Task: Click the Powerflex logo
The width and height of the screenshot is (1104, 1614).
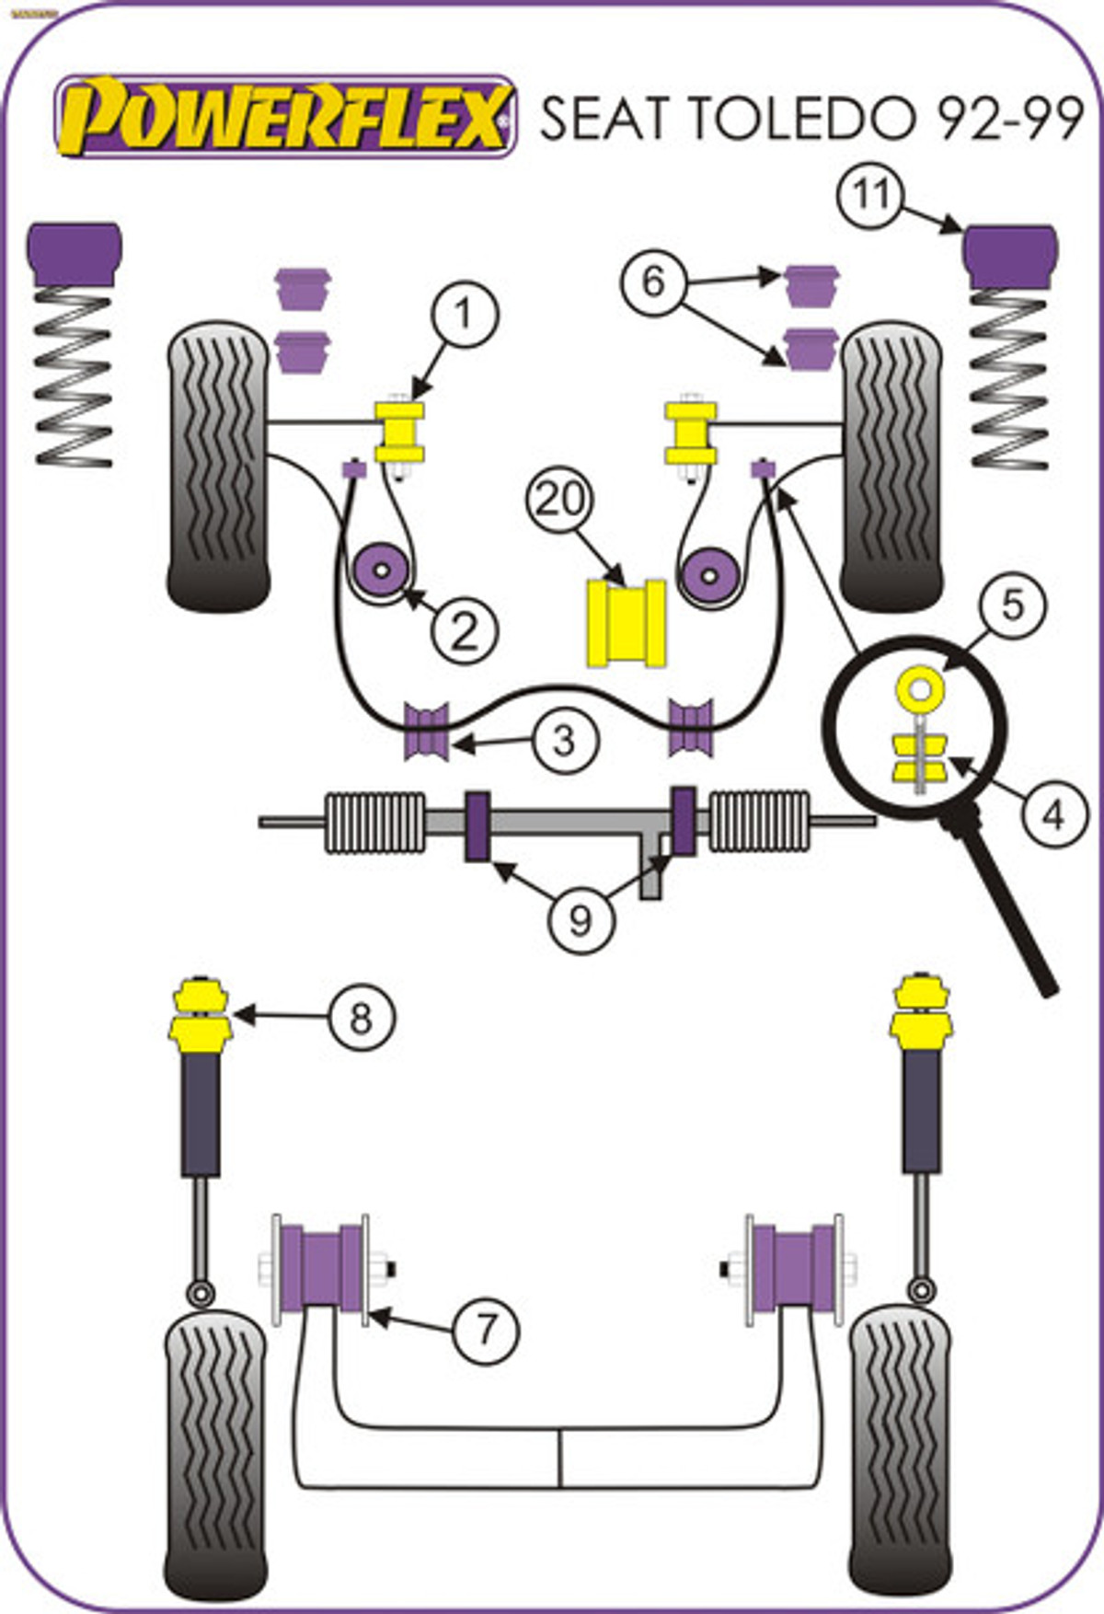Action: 285,117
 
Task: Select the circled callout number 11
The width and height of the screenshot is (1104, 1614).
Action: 869,194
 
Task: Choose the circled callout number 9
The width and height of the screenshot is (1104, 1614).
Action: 581,918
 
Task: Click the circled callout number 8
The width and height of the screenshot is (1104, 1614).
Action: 360,1017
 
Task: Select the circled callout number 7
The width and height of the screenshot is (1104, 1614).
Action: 486,1327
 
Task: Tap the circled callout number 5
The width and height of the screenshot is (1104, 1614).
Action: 1012,605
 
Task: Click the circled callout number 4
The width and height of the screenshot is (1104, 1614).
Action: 1052,813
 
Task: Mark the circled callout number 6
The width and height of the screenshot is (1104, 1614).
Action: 653,281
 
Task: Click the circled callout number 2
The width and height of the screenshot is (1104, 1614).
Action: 465,631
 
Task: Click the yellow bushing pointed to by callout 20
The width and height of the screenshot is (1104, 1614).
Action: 627,621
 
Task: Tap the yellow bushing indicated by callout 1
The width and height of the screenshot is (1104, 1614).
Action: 400,432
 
